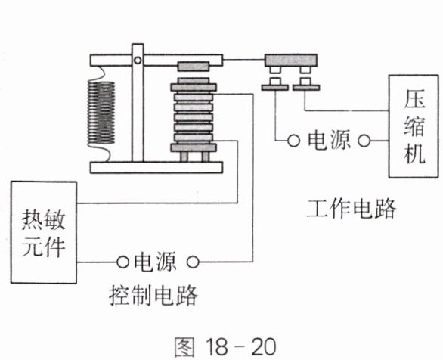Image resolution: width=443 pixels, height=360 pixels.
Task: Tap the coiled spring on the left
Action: pyautogui.click(x=101, y=113)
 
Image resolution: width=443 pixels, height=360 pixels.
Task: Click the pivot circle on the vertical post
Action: pyautogui.click(x=138, y=61)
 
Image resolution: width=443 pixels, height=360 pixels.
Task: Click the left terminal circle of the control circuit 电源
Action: pyautogui.click(x=122, y=262)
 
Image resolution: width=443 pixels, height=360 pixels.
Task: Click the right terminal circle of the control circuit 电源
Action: pyautogui.click(x=193, y=262)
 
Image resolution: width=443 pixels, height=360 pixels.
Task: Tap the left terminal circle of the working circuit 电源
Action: pyautogui.click(x=293, y=141)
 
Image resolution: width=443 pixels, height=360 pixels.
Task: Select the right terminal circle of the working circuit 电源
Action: pyautogui.click(x=364, y=141)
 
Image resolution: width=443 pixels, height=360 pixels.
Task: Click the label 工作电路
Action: pyautogui.click(x=352, y=209)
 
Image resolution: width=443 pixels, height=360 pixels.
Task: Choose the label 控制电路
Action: pyautogui.click(x=153, y=296)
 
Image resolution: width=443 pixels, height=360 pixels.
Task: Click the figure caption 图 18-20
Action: pyautogui.click(x=225, y=346)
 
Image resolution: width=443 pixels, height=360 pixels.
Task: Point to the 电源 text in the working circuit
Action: pyautogui.click(x=329, y=140)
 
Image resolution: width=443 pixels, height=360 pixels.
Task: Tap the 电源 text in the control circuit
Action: pyautogui.click(x=155, y=262)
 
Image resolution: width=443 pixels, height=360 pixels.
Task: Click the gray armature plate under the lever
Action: pyautogui.click(x=194, y=67)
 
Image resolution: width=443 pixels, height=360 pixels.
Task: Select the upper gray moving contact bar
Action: pyautogui.click(x=291, y=61)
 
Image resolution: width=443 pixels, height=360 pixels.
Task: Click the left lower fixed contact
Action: pyautogui.click(x=275, y=84)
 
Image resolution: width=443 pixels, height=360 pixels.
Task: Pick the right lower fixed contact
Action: pyautogui.click(x=306, y=84)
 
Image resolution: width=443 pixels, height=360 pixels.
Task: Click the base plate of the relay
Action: pyautogui.click(x=156, y=167)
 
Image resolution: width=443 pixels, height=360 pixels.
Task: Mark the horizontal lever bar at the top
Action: pyautogui.click(x=156, y=61)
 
